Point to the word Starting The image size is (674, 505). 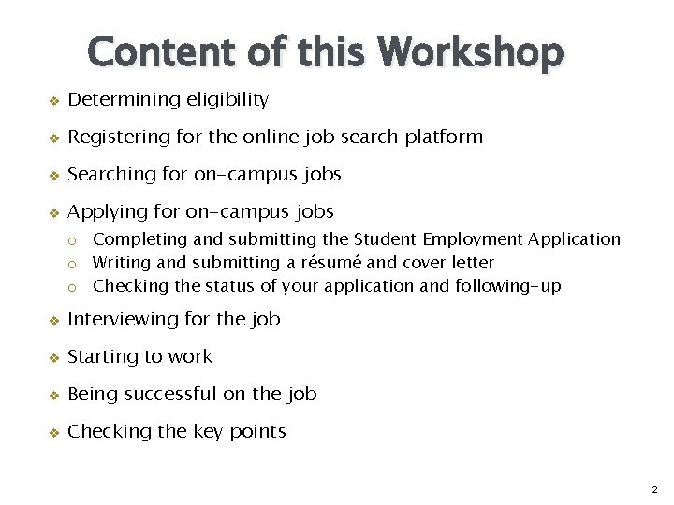pos(100,357)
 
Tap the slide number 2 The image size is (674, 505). pos(654,489)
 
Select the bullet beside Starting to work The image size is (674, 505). pos(53,358)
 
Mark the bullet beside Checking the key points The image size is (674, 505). pos(53,433)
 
